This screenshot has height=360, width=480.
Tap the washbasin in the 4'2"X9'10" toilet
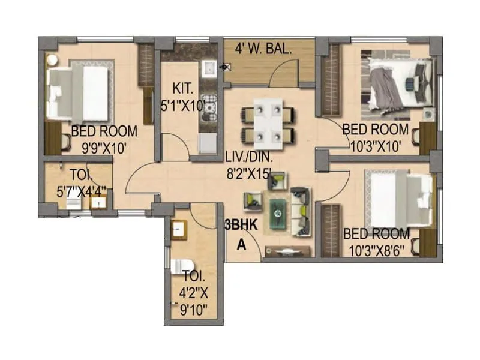tap(178, 229)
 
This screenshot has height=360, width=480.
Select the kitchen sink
tap(209, 70)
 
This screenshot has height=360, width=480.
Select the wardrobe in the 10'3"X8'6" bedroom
tap(331, 230)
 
